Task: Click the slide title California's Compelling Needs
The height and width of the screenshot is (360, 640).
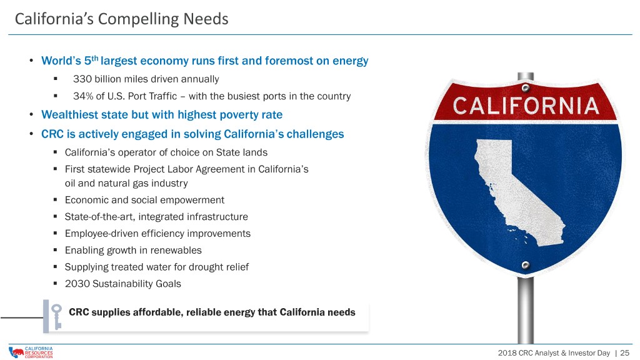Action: click(x=122, y=19)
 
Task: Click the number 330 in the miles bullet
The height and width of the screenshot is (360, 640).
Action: click(x=82, y=79)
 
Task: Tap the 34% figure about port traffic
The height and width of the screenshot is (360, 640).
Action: click(x=83, y=96)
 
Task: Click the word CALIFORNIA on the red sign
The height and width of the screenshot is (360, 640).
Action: click(x=526, y=106)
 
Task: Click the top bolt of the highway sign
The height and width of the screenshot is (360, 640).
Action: click(x=526, y=88)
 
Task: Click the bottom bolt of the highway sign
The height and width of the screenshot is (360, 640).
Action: click(x=526, y=265)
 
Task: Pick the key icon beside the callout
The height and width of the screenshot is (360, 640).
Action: click(x=56, y=317)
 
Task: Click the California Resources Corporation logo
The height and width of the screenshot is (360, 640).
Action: click(x=31, y=352)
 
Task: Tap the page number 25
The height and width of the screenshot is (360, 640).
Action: click(x=624, y=352)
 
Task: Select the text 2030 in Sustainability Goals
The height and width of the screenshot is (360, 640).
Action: click(x=77, y=284)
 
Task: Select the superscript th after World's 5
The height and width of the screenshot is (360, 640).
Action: click(x=95, y=57)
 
